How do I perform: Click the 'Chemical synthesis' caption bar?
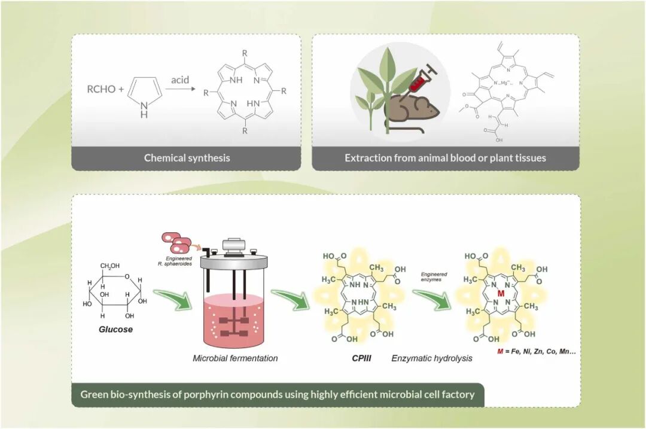click(187, 159)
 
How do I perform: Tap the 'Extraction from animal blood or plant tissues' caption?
click(445, 159)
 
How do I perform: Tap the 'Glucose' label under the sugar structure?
click(115, 329)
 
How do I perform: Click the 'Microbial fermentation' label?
click(235, 358)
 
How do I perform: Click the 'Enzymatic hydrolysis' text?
click(431, 358)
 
